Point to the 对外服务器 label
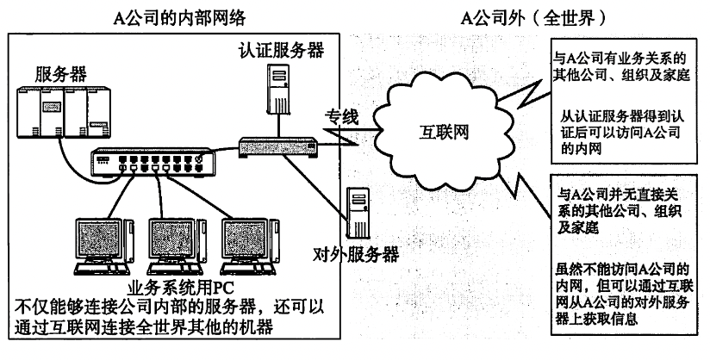pyautogui.click(x=355, y=254)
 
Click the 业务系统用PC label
pyautogui.click(x=172, y=288)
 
